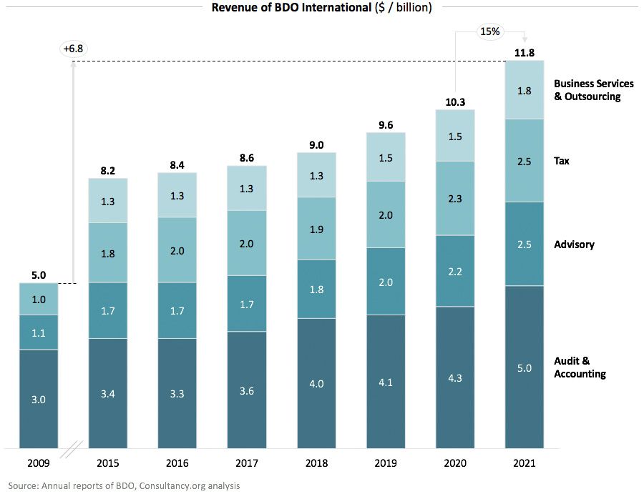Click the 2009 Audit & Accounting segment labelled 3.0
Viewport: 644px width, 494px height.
(39, 399)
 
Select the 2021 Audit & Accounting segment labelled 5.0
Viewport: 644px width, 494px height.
(525, 367)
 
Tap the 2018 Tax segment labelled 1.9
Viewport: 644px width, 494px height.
(316, 229)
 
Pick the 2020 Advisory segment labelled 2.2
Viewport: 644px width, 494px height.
(455, 271)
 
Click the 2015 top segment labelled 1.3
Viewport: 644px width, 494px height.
(108, 201)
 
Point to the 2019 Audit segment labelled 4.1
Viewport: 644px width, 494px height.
(386, 382)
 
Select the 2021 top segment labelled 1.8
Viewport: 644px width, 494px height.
(525, 90)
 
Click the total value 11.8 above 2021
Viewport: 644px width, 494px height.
(525, 52)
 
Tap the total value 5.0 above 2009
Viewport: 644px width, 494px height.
(39, 274)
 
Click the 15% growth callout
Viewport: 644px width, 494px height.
(489, 31)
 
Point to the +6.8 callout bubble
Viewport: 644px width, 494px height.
(74, 49)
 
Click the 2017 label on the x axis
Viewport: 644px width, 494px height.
(247, 464)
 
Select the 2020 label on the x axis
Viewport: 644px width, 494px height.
(455, 464)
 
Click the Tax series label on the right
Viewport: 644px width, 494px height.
(562, 161)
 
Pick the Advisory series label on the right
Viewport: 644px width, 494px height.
(574, 244)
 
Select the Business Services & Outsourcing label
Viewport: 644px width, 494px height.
(593, 90)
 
